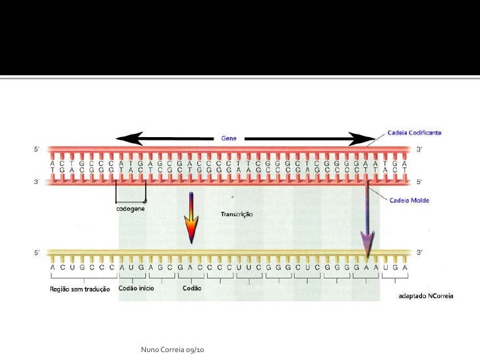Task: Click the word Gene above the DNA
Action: [x=229, y=138]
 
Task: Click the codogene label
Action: [x=132, y=209]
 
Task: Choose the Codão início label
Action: [x=136, y=289]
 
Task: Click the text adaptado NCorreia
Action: [x=425, y=296]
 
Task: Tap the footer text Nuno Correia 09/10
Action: [x=173, y=348]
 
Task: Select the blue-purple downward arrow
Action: [x=367, y=227]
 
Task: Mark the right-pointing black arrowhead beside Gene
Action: [x=363, y=139]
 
